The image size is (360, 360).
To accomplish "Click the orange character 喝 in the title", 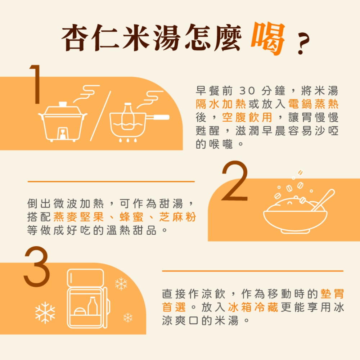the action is (268, 39).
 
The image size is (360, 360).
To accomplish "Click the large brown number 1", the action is (36, 84).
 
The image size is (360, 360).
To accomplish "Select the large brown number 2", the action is (235, 181).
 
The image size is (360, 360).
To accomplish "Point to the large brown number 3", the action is (37, 266).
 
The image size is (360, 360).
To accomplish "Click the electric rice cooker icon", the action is (62, 121).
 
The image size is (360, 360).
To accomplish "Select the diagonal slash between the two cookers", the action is (100, 116).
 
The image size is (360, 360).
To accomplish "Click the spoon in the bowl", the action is (323, 200).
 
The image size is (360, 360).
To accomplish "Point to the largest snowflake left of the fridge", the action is (45, 313).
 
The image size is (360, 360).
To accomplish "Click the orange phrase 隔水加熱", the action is (221, 104).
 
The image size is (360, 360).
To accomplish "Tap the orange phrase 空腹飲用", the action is (247, 117).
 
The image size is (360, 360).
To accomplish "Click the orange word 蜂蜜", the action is (132, 217).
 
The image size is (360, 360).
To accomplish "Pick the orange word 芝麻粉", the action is (177, 217).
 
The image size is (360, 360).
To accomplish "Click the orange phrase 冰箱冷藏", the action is (253, 307).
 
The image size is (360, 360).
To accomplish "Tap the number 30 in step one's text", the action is (247, 91).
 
